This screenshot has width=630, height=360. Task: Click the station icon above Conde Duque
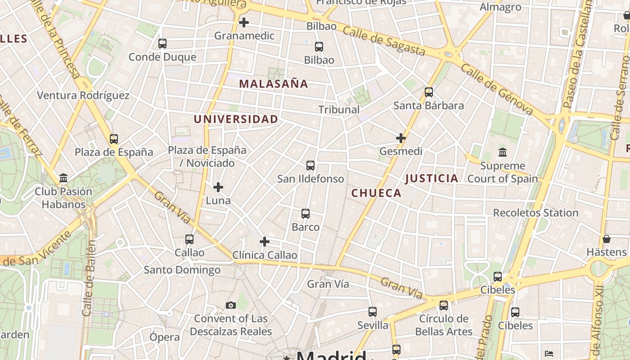pyautogui.click(x=162, y=44)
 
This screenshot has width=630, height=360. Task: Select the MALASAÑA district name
pyautogui.click(x=274, y=84)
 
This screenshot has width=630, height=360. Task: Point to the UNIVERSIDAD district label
pyautogui.click(x=236, y=119)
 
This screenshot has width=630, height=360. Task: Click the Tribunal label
pyautogui.click(x=339, y=109)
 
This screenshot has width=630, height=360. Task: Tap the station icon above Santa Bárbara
pyautogui.click(x=429, y=92)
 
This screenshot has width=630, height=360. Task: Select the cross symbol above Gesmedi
pyautogui.click(x=401, y=138)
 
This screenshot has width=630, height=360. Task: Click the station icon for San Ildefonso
pyautogui.click(x=310, y=166)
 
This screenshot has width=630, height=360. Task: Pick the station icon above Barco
pyautogui.click(x=306, y=214)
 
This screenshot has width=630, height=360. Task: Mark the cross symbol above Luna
pyautogui.click(x=218, y=187)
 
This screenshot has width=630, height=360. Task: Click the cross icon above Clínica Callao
pyautogui.click(x=265, y=242)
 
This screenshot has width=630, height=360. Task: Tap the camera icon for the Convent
pyautogui.click(x=231, y=306)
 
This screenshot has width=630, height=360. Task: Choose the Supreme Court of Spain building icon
pyautogui.click(x=503, y=153)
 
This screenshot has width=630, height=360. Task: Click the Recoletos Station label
pyautogui.click(x=535, y=213)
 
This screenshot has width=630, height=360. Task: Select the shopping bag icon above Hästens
pyautogui.click(x=607, y=239)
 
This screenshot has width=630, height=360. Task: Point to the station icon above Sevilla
pyautogui.click(x=373, y=312)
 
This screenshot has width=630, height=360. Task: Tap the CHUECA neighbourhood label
pyautogui.click(x=376, y=193)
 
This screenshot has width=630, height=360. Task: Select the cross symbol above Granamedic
pyautogui.click(x=244, y=22)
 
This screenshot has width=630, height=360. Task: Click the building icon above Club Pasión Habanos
pyautogui.click(x=63, y=178)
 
